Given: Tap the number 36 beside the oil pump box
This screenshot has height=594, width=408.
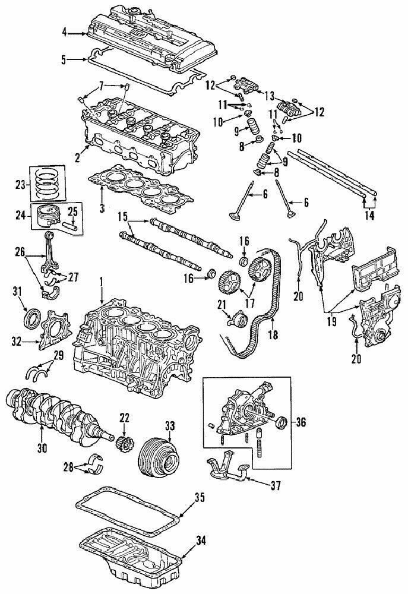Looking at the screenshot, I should [x=301, y=422].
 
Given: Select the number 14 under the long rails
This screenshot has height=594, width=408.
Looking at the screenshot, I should [x=370, y=216].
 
